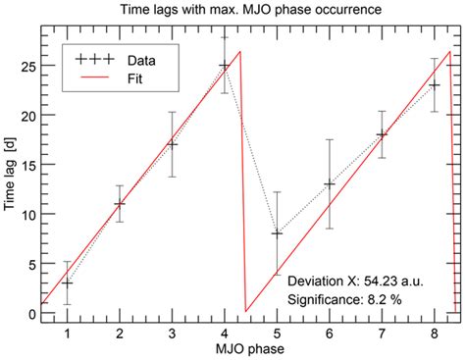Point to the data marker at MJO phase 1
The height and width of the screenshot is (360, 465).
tap(67, 283)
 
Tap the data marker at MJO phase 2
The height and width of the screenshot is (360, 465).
tap(120, 204)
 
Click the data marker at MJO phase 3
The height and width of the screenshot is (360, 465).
tap(172, 144)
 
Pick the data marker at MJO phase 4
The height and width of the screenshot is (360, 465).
tap(225, 66)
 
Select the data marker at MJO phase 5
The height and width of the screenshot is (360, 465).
tap(277, 233)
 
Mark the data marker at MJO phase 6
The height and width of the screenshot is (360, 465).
tap(330, 183)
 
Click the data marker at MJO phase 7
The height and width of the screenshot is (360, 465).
tap(382, 134)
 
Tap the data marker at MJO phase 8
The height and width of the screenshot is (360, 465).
tap(435, 85)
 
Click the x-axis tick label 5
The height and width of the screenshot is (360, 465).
tap(277, 333)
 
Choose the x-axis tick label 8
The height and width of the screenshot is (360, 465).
tap(435, 333)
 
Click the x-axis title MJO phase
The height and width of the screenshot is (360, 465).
tap(249, 349)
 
